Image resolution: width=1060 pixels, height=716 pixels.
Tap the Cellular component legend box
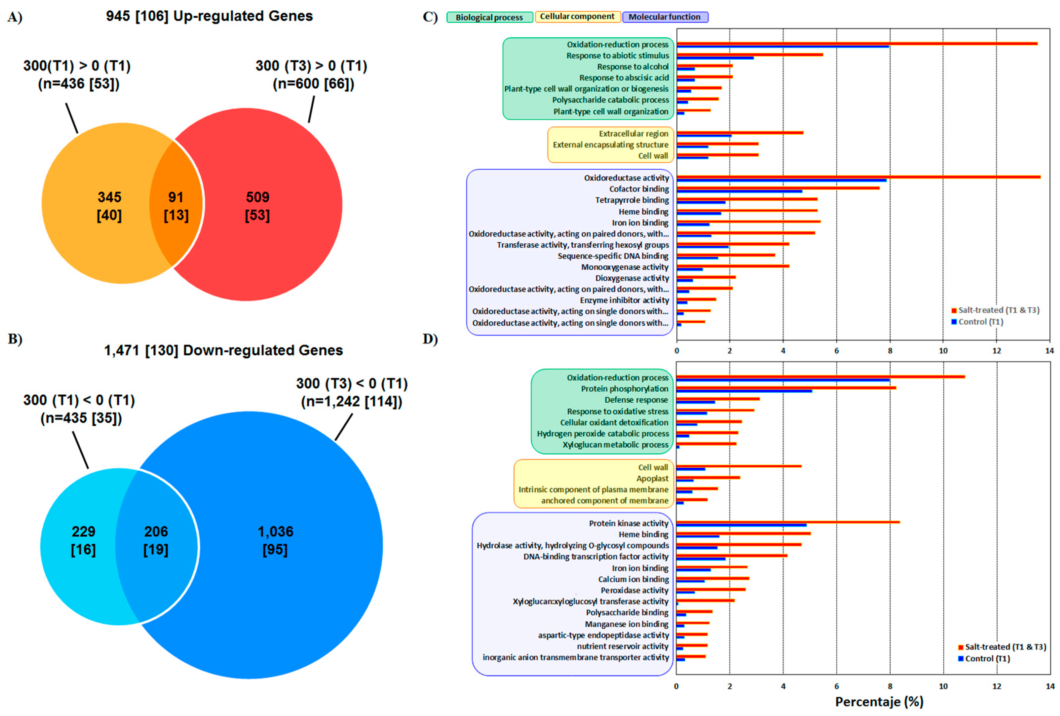(x=577, y=17)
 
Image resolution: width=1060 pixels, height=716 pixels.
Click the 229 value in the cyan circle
(x=83, y=531)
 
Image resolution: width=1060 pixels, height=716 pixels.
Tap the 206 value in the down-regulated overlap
(x=156, y=531)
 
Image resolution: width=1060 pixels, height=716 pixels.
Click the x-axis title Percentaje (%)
(x=878, y=701)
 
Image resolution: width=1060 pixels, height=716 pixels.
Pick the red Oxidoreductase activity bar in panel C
(x=858, y=177)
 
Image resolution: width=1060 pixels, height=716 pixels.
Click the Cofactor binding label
(x=639, y=189)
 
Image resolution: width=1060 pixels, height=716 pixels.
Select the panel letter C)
(x=430, y=17)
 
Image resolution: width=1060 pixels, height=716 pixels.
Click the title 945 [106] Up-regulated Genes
(x=209, y=16)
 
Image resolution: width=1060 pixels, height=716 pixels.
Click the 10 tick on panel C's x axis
(x=943, y=351)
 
